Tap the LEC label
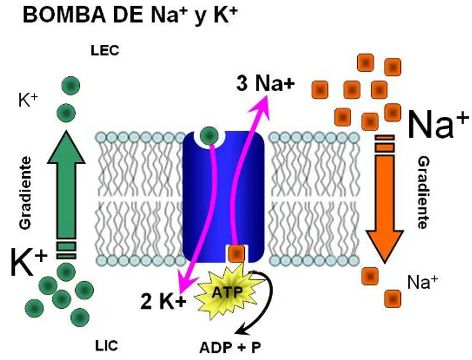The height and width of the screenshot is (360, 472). coord(105,50)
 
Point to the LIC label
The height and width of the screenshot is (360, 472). coord(107,346)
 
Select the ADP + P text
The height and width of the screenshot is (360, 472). coord(230,348)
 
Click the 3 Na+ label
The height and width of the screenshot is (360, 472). coord(265,84)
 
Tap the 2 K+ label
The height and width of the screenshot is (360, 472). coord(163,302)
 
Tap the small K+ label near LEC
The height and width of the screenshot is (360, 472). coord(28,100)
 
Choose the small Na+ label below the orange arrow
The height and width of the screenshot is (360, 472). coord(422,282)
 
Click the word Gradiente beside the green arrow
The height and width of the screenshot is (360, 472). coord(25,193)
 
